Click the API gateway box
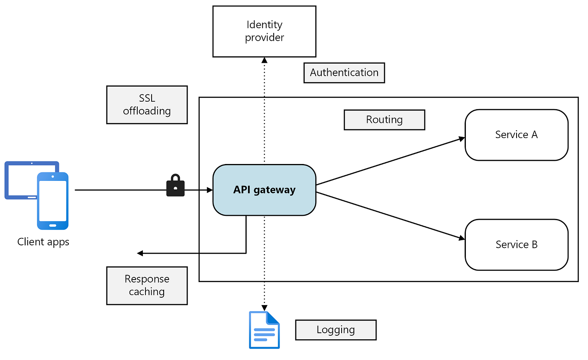tap(264, 190)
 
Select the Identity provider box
tap(264, 31)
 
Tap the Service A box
tap(516, 135)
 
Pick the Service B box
tap(516, 244)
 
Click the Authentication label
tap(344, 73)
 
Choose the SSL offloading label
tap(147, 105)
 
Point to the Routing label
tap(384, 120)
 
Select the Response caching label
tap(147, 286)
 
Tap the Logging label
tap(336, 330)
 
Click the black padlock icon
tap(175, 186)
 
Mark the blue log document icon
tap(264, 330)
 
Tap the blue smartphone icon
tap(53, 201)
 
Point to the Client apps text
tap(43, 242)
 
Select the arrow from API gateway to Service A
tap(390, 161)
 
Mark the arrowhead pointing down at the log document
tap(264, 307)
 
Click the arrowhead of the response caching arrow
tap(139, 253)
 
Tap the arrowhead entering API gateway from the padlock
tap(210, 190)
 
